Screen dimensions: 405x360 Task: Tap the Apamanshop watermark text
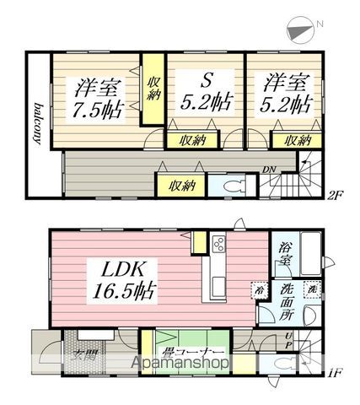(x=180, y=363)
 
